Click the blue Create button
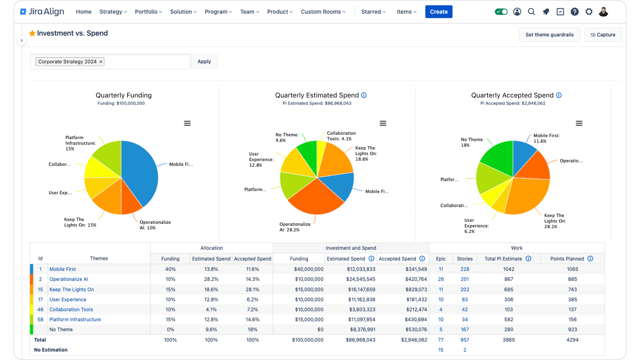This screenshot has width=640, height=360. click(x=439, y=12)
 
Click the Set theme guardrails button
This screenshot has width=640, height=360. click(x=550, y=35)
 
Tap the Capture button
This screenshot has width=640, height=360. click(x=603, y=35)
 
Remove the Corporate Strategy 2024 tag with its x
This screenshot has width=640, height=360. click(x=101, y=62)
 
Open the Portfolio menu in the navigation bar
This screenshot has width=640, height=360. click(x=148, y=12)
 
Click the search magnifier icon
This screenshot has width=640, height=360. click(x=531, y=12)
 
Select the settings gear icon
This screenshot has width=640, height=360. click(x=589, y=12)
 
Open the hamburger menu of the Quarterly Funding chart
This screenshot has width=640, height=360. click(x=187, y=123)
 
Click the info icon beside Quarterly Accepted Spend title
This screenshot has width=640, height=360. click(x=559, y=95)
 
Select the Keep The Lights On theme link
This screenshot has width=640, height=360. click(x=71, y=290)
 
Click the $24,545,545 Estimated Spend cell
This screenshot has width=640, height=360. click(x=360, y=279)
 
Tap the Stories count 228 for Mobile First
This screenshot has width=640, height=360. click(x=465, y=269)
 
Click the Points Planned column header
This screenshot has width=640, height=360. click(x=567, y=259)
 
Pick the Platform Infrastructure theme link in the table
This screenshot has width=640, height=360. click(x=75, y=320)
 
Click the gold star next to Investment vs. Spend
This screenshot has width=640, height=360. click(x=32, y=33)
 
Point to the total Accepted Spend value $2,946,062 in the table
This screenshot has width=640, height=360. click(x=414, y=340)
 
